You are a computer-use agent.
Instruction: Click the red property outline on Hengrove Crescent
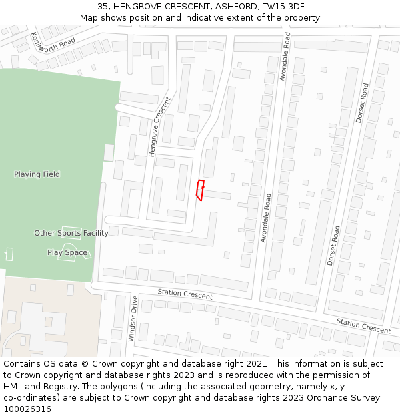[x=199, y=190]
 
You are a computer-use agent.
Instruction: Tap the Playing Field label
[x=37, y=174]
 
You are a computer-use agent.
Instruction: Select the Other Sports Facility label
[x=71, y=233]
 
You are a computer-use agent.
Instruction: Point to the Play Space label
[x=67, y=252]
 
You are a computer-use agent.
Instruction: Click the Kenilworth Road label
[x=53, y=42]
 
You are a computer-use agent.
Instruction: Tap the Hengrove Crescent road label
[x=160, y=126]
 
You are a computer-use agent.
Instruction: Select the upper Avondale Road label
[x=285, y=57]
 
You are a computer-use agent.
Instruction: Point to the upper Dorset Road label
[x=362, y=103]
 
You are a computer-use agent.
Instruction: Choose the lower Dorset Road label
[x=333, y=245]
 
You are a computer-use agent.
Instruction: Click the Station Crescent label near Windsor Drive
[x=185, y=294]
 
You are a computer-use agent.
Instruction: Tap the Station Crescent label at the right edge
[x=363, y=326]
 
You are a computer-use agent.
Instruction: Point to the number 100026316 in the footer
[x=28, y=409]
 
